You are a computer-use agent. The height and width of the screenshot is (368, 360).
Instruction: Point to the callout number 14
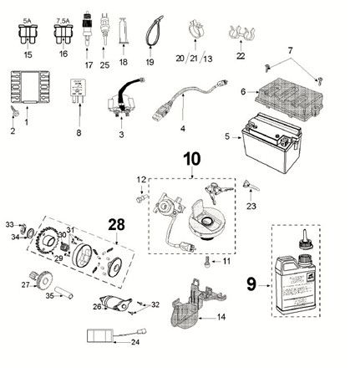220,317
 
